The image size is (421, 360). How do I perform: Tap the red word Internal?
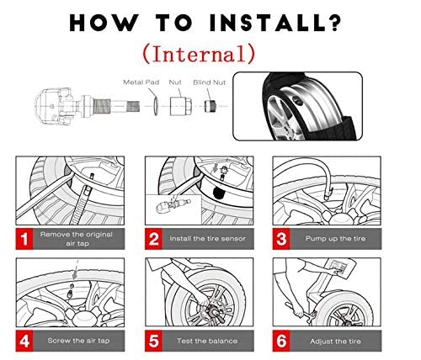click(200, 54)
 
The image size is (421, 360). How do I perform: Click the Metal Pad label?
click(141, 82)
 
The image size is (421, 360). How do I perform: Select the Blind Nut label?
click(210, 82)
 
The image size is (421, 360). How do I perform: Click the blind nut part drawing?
click(210, 106)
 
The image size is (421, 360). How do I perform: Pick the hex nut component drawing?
click(181, 106)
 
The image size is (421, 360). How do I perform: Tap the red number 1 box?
click(24, 239)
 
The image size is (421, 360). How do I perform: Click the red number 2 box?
click(153, 239)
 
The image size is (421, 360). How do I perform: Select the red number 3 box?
click(281, 239)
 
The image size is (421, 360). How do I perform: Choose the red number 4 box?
click(24, 341)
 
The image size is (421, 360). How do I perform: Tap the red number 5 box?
click(153, 341)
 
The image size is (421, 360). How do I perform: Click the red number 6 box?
click(281, 341)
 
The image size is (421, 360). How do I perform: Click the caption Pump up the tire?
click(335, 239)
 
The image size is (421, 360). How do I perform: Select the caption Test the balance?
click(207, 341)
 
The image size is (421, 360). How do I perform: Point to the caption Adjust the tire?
click(335, 341)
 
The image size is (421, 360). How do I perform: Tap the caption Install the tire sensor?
click(207, 239)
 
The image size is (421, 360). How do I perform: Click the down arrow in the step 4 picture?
click(76, 271)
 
